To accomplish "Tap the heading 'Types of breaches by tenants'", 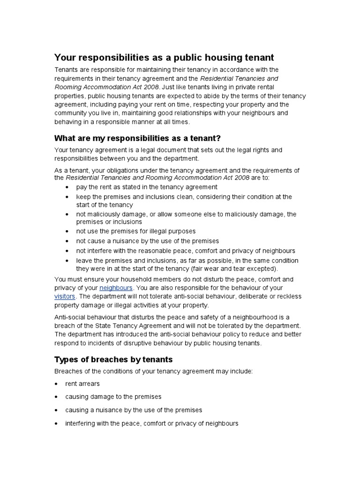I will (x=113, y=360).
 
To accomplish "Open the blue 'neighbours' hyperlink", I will (x=116, y=287).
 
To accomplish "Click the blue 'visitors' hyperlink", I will (x=65, y=296).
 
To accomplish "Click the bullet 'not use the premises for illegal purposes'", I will (x=136, y=231).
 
